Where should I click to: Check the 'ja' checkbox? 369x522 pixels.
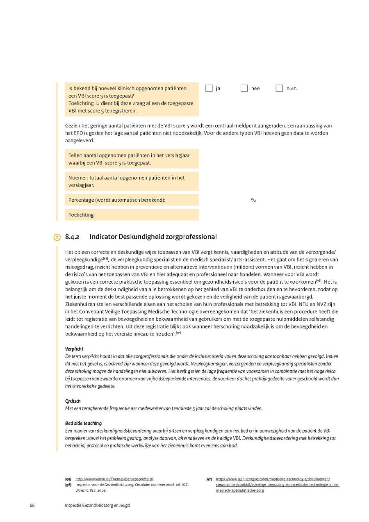[x=209, y=88]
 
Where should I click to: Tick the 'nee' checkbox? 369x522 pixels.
[x=244, y=88]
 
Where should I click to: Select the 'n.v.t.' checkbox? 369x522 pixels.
[x=279, y=88]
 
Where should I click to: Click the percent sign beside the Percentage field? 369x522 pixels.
[x=253, y=200]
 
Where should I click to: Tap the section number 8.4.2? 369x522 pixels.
[x=72, y=237]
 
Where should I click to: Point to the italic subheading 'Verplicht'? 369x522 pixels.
[x=75, y=349]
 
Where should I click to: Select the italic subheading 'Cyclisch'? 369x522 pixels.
[x=73, y=401]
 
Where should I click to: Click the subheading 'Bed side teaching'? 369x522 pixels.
[x=84, y=423]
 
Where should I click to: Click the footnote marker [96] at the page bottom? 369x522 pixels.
[x=68, y=485]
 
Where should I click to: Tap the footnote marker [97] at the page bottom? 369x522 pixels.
[x=209, y=479]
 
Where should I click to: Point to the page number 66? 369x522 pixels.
[x=32, y=505]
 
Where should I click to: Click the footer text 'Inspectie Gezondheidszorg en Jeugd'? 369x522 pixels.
[x=97, y=505]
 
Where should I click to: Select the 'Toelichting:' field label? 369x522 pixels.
[x=81, y=214]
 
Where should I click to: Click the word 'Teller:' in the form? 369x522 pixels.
[x=76, y=156]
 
